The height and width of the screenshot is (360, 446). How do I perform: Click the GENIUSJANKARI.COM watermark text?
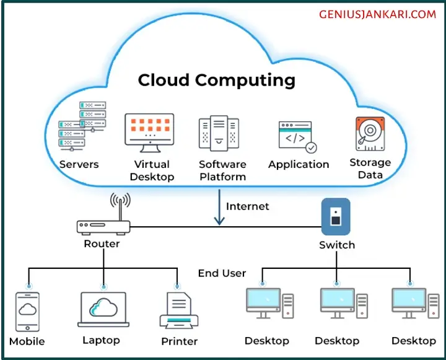pyautogui.click(x=377, y=14)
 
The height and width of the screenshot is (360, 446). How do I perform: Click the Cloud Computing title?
pyautogui.click(x=216, y=80)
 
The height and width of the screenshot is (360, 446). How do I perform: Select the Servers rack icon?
pyautogui.click(x=81, y=127)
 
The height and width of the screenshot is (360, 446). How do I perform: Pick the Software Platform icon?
pyautogui.click(x=219, y=133)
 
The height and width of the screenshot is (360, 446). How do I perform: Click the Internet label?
pyautogui.click(x=248, y=206)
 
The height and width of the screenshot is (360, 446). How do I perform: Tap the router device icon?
pyautogui.click(x=103, y=226)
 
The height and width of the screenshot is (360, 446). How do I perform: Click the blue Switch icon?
pyautogui.click(x=335, y=216)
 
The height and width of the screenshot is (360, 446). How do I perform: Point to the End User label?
pyautogui.click(x=222, y=273)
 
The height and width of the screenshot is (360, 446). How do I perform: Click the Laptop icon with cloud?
pyautogui.click(x=103, y=309)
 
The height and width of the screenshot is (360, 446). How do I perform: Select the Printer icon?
pyautogui.click(x=179, y=312)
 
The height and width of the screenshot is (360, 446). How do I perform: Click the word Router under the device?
pyautogui.click(x=102, y=244)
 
